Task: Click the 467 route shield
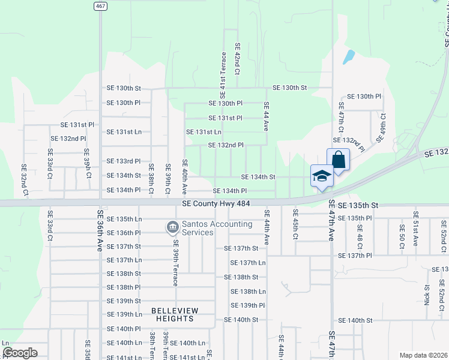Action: (101, 5)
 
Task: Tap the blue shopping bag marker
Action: (338, 160)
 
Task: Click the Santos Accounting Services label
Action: (209, 228)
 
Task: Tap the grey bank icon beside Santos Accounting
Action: (172, 227)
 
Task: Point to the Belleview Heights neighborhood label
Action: (172, 314)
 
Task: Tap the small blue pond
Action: (348, 57)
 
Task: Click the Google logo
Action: (19, 353)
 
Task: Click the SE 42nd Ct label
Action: (238, 59)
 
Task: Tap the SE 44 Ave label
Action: (266, 116)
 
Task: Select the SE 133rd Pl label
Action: (124, 161)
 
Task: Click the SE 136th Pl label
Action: (124, 233)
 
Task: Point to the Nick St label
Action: (427, 295)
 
